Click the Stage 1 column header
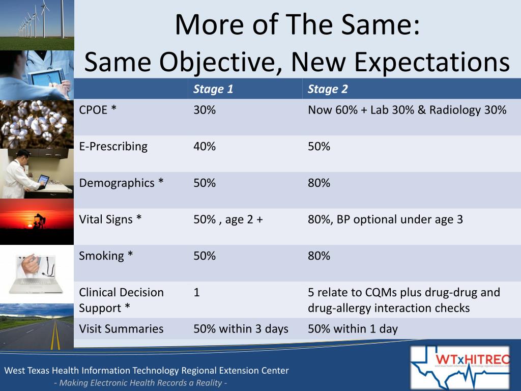pos(213,90)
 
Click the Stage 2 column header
pos(328,90)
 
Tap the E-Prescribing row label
pos(113,147)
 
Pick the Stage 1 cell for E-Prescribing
pos(205,147)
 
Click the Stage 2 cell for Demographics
pos(319,183)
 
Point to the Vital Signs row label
pos(110,219)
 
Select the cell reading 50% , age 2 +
pos(228,219)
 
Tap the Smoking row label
pos(106,256)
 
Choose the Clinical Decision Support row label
pos(121,300)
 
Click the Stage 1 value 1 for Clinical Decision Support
pos(197,292)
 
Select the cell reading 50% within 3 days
pos(241,329)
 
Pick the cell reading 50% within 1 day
pos(353,329)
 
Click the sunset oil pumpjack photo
pos(37,221)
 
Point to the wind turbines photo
pos(37,24)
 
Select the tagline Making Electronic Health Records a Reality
pos(140,383)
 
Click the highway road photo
pos(37,326)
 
